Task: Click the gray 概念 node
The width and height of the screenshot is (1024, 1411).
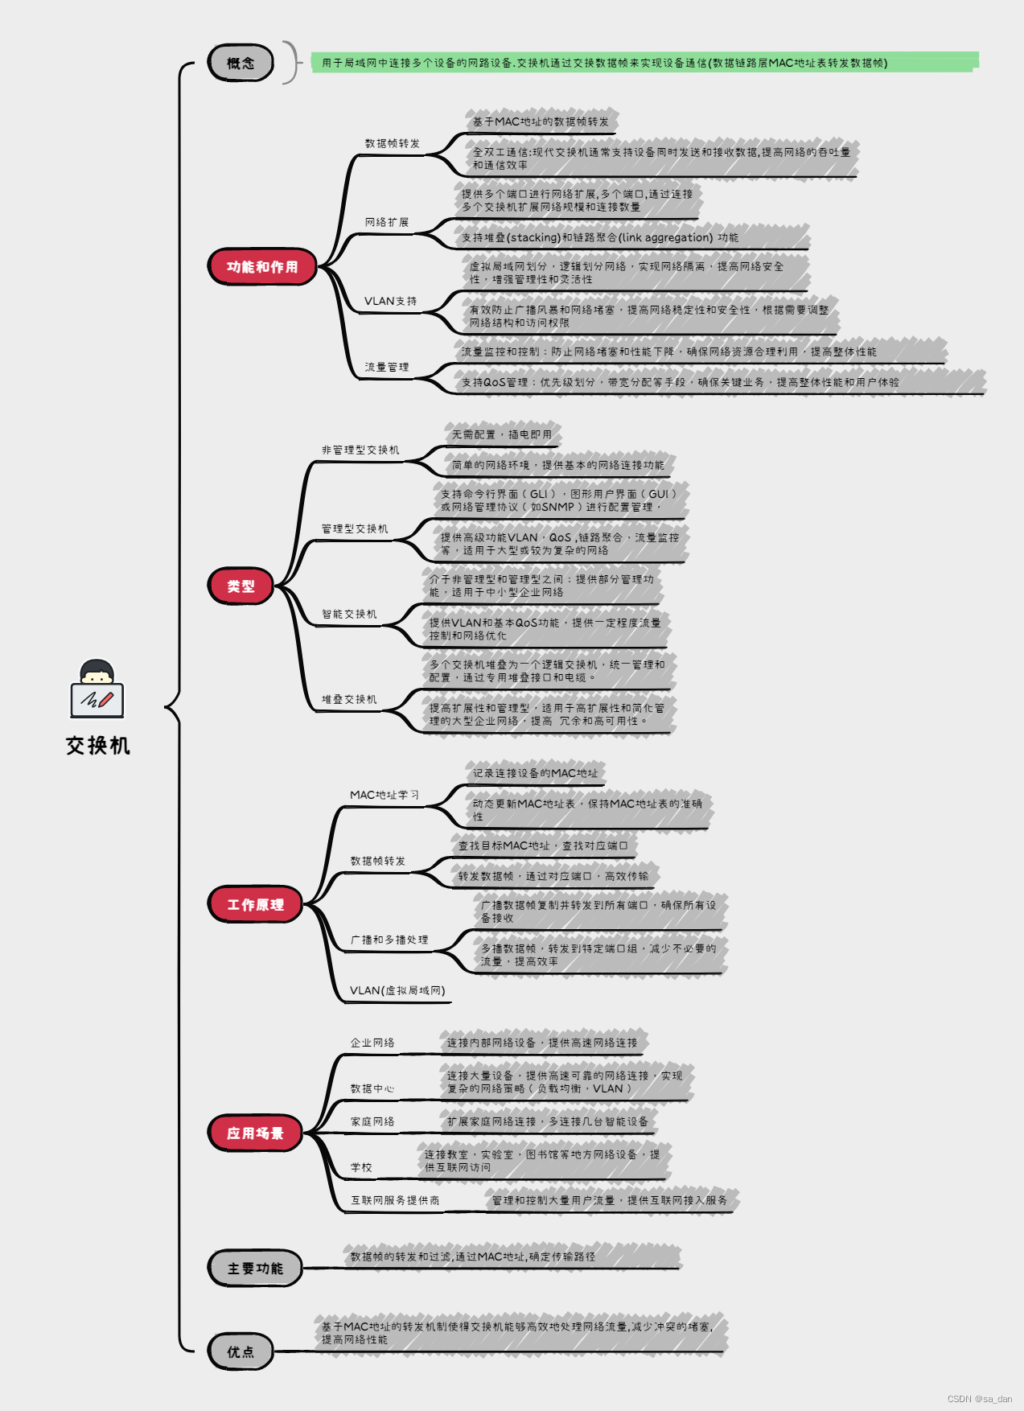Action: coord(241,63)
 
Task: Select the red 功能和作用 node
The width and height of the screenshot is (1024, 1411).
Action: coord(262,266)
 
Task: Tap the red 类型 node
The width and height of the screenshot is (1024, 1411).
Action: coord(241,586)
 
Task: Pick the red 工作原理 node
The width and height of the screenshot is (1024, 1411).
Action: coord(255,904)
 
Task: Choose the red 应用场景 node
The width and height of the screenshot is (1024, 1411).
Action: coord(255,1133)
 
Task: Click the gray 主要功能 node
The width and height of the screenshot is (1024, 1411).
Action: coord(255,1268)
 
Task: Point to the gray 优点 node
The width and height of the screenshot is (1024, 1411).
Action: coord(241,1351)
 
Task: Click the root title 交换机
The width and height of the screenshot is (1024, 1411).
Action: coord(97,746)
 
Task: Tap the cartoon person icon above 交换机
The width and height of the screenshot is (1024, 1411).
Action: coord(97,689)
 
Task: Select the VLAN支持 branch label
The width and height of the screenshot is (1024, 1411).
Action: coord(390,301)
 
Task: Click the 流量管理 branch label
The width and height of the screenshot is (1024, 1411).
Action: coord(387,367)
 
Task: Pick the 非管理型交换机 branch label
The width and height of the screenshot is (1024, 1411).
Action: coord(360,450)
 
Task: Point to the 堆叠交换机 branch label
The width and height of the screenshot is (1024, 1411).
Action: coord(349,699)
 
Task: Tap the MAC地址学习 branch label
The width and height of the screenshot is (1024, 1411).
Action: coord(384,795)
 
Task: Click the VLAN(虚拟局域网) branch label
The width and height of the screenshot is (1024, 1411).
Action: coord(397,990)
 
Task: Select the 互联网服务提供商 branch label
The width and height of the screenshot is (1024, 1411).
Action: coord(395,1200)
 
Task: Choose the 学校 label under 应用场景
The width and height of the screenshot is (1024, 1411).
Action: coord(361,1167)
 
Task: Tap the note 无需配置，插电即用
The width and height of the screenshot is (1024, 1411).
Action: coord(502,434)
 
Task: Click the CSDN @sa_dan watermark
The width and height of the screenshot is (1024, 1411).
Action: coord(979,1399)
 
